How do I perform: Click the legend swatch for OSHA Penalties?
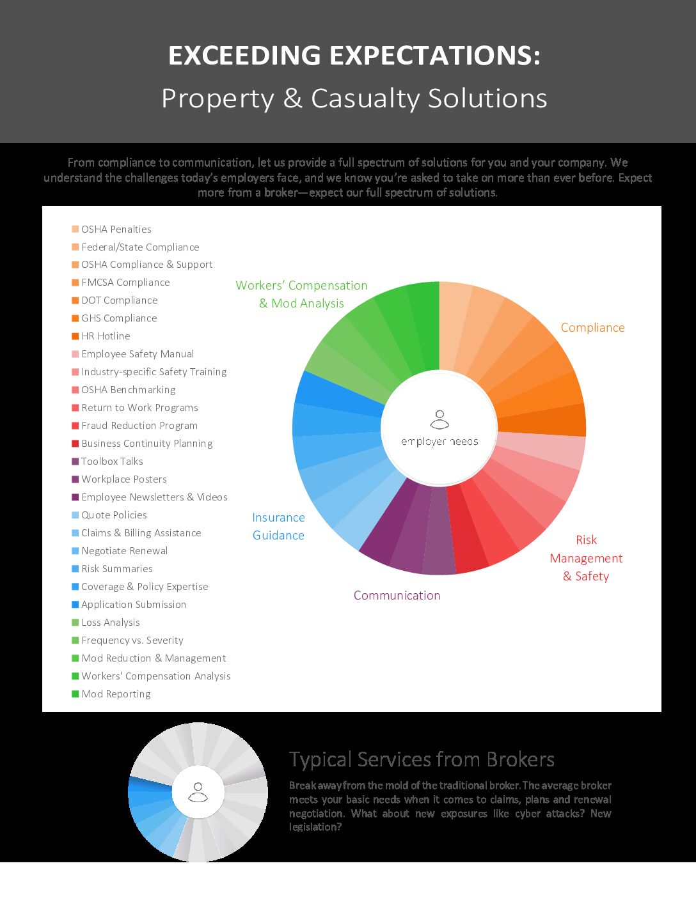(75, 229)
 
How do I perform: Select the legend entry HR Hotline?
(106, 336)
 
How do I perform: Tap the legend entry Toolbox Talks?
(112, 462)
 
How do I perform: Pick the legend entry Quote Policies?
(114, 515)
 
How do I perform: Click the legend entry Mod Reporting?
(116, 694)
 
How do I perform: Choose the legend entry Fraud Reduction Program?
(139, 426)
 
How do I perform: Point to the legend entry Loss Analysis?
(110, 623)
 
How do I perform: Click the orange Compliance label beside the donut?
(592, 328)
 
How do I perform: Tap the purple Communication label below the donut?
(397, 596)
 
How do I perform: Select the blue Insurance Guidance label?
(278, 527)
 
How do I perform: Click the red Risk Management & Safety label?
(586, 558)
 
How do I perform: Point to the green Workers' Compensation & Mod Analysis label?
(301, 295)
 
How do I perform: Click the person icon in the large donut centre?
(439, 419)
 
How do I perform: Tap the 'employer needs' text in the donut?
(439, 442)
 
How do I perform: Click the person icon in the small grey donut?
(198, 792)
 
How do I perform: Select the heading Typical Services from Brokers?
(422, 759)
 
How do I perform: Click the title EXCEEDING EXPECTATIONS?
(354, 56)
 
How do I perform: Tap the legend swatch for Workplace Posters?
(75, 479)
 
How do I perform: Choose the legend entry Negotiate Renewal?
(124, 551)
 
